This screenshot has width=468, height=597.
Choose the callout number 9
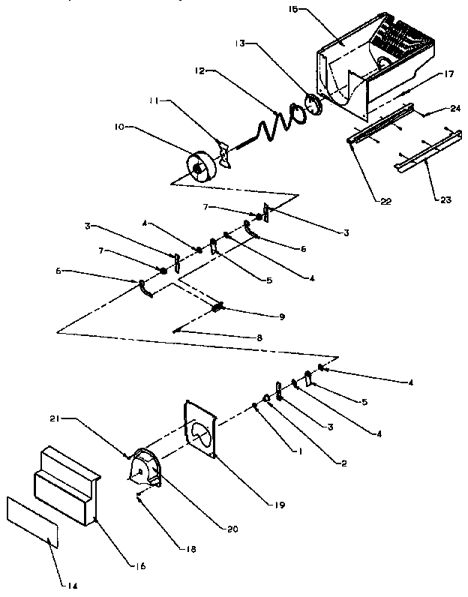click(x=260, y=316)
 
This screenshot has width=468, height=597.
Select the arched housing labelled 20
click(x=145, y=469)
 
